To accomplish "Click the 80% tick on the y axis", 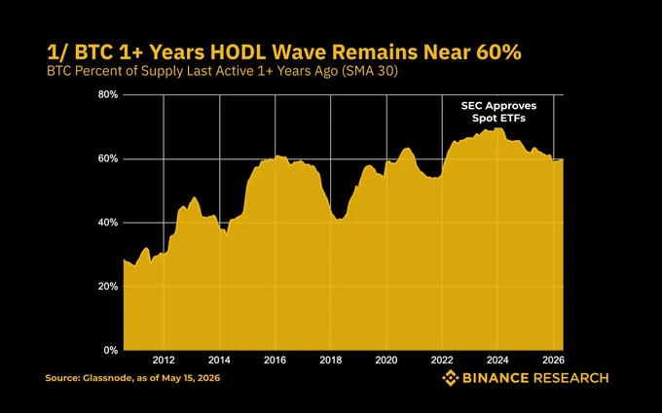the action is pos(108,95).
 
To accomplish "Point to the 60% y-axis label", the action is pos(108,158).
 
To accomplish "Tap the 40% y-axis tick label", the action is pos(108,223).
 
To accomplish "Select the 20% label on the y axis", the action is pos(108,287).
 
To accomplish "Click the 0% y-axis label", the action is pos(111,350).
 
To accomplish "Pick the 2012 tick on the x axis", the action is pos(164,361).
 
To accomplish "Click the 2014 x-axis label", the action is pos(219,361).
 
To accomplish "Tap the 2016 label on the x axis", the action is pos(275,361).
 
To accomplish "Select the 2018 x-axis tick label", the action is pos(331,361).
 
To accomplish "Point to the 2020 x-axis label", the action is pos(386,361).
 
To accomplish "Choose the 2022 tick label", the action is pos(442,361).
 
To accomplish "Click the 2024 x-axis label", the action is pos(497,361).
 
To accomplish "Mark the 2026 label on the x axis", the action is pos(554,361).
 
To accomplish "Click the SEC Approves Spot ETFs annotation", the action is pos(498,112).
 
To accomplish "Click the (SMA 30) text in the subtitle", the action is pos(369,71).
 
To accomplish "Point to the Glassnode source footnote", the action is pos(132,378).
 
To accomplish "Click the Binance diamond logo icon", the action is pos(450,378).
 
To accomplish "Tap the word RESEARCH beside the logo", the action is pos(570,378).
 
